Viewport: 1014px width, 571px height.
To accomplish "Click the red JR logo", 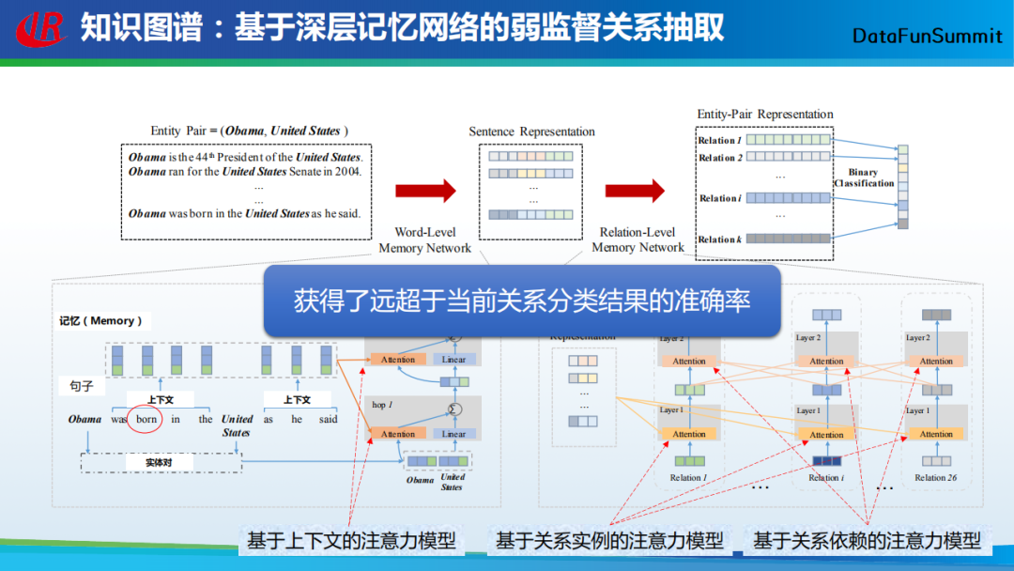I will point(41,28).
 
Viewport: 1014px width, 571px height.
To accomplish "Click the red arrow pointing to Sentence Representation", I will point(424,191).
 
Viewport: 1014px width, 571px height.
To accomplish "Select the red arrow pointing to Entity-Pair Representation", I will point(635,191).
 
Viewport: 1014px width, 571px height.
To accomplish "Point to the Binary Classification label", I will point(864,177).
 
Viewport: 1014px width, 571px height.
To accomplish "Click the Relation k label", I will point(719,239).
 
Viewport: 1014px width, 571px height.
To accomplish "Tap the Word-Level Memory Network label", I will point(425,239).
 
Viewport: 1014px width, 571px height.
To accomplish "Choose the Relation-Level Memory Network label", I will point(638,239).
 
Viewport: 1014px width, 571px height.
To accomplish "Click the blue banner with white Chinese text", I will point(521,301).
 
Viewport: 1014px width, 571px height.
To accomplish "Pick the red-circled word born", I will point(146,419).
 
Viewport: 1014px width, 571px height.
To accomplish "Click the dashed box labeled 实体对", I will point(160,462).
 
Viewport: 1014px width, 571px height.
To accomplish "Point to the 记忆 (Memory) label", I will point(100,321).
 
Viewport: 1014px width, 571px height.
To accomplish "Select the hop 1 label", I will point(383,405).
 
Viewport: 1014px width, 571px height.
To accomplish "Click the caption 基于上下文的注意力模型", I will point(351,541).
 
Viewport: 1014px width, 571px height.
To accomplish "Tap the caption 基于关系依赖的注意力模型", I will point(867,541).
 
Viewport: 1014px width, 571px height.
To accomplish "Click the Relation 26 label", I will point(936,477).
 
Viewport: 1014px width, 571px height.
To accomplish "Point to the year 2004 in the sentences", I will point(346,172).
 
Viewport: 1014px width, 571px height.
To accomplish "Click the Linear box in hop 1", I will point(453,434).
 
